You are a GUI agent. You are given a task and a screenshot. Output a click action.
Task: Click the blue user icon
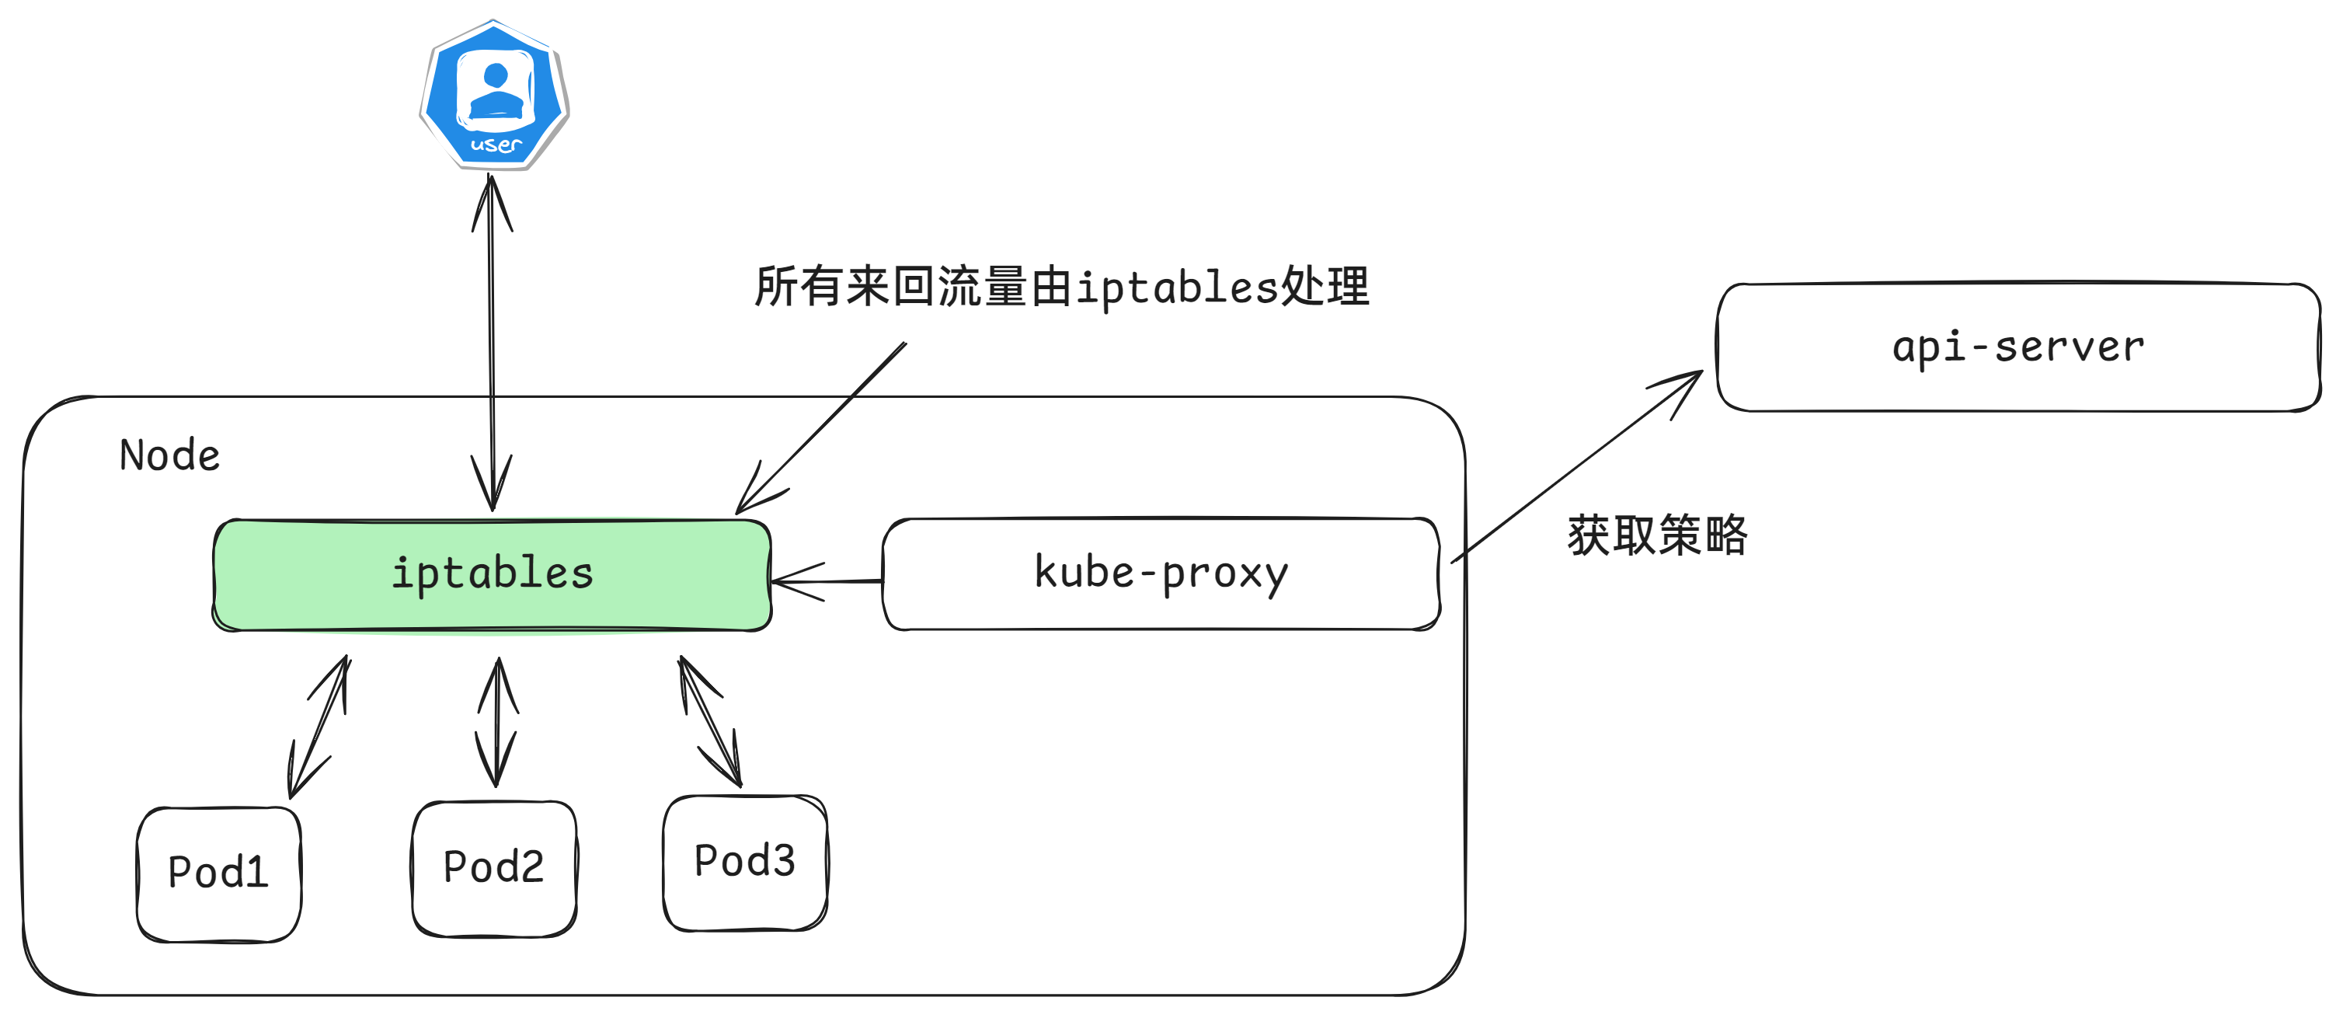(x=494, y=95)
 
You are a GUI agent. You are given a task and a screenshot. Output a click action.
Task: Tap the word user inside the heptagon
(x=496, y=145)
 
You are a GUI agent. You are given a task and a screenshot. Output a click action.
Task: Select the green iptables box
(x=492, y=574)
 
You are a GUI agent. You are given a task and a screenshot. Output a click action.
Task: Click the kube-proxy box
(x=1161, y=574)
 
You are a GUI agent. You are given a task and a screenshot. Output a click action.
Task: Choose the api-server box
(x=2017, y=347)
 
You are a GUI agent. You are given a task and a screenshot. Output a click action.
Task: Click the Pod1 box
(x=218, y=873)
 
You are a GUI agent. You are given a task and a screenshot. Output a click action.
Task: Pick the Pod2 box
(x=494, y=868)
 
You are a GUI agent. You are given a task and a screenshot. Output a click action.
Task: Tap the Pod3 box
(x=745, y=862)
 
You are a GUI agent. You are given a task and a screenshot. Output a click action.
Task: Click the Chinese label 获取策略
(x=1656, y=535)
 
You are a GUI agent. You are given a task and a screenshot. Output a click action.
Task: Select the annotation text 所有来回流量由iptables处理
(x=1060, y=288)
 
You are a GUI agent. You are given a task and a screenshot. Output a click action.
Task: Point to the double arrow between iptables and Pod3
(x=710, y=721)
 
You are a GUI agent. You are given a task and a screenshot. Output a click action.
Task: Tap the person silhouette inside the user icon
(x=496, y=91)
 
